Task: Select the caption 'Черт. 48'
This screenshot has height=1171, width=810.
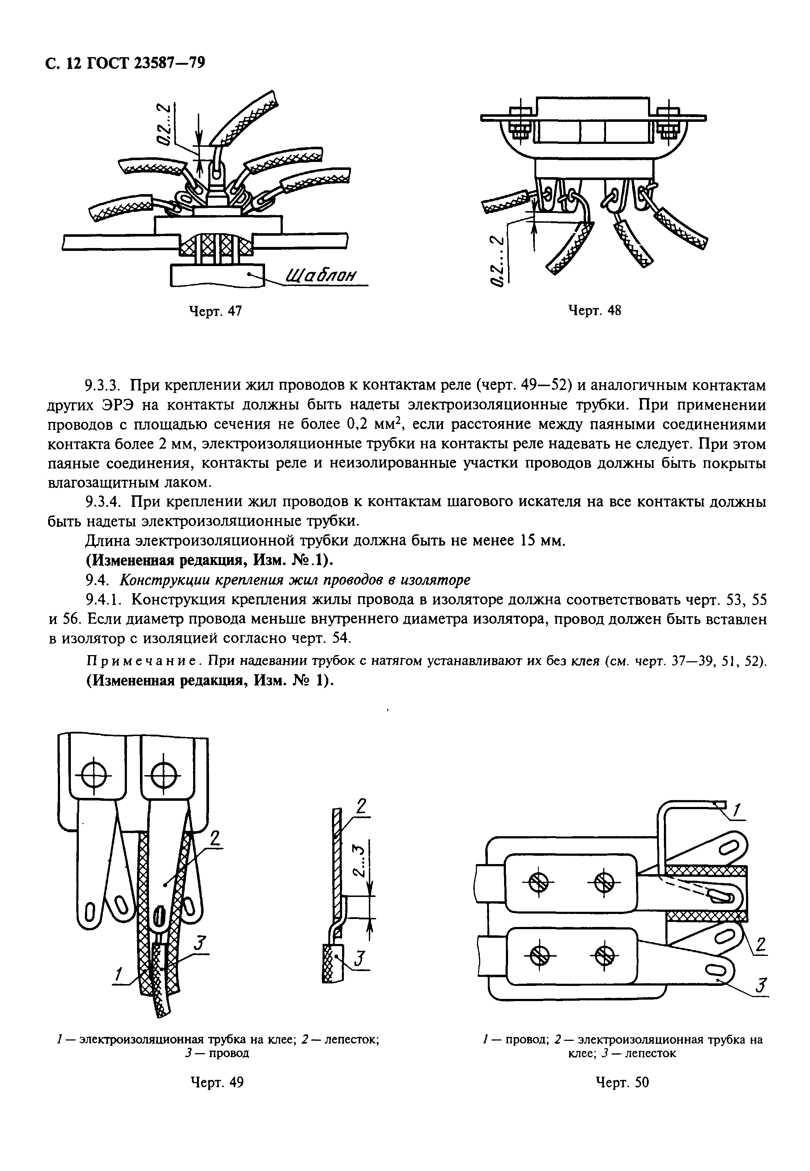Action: [594, 311]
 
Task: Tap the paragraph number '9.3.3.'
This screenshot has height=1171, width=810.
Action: [103, 386]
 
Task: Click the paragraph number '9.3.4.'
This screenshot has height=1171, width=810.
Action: [103, 502]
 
